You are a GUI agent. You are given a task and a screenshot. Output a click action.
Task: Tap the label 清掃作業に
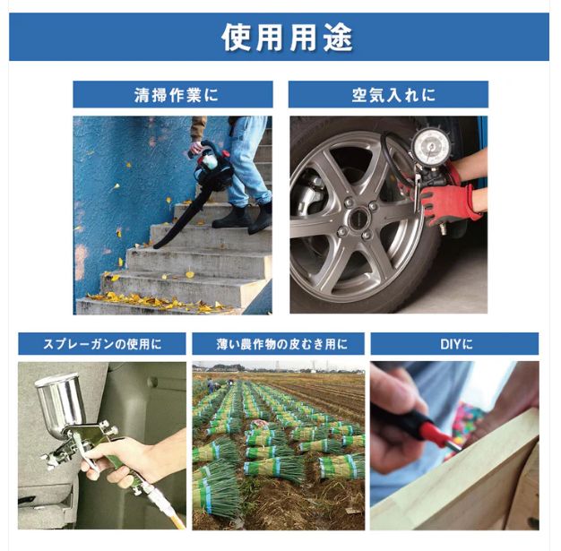pos(174,94)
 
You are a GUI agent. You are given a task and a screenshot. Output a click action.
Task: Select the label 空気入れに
pos(387,94)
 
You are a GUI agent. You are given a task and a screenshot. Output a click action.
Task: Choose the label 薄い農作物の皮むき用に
pos(278,344)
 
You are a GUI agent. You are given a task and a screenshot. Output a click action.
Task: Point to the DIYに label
pos(454,344)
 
